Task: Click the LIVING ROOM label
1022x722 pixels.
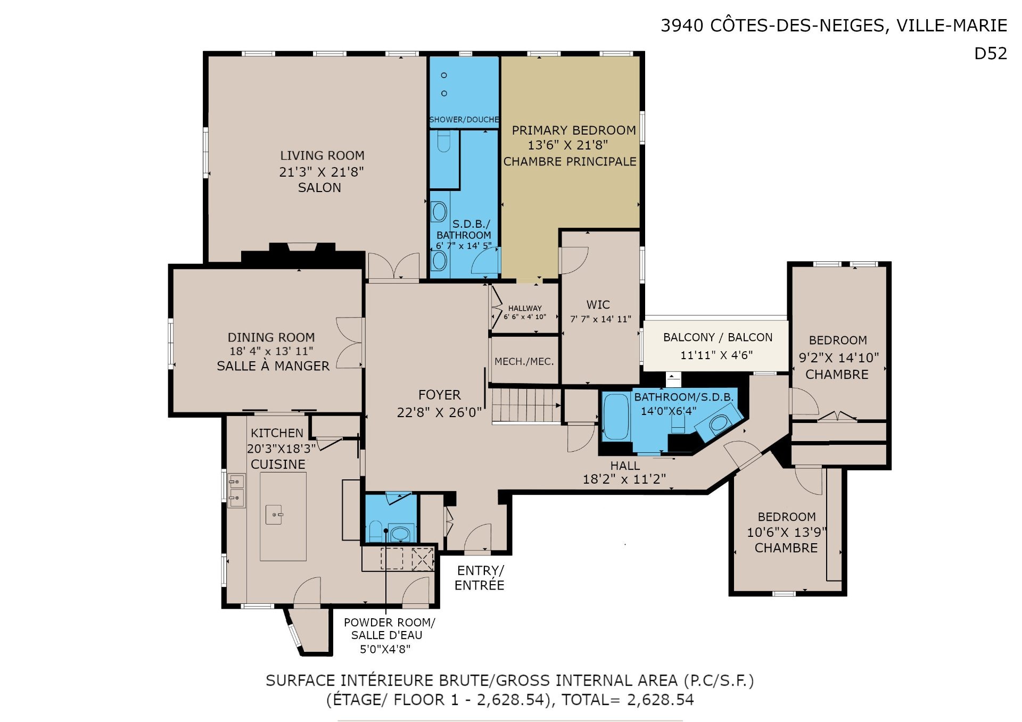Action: point(322,155)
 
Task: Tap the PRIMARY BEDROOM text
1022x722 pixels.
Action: point(574,130)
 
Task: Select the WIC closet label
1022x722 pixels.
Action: point(598,305)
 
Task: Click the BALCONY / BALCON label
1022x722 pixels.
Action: point(718,337)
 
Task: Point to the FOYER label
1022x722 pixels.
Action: point(439,395)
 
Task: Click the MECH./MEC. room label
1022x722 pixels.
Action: point(524,361)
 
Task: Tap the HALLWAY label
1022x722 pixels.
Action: point(525,308)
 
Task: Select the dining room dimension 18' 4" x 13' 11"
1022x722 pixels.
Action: point(271,351)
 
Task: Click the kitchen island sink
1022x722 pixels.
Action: point(274,514)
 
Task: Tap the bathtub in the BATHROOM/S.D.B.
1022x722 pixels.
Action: point(616,417)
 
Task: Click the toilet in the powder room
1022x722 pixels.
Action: point(375,531)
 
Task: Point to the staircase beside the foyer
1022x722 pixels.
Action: point(526,405)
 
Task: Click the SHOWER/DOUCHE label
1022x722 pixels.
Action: point(464,120)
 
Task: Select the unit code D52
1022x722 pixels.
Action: point(990,53)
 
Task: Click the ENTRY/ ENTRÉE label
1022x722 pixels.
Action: point(479,578)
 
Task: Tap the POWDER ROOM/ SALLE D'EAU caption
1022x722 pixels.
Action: point(389,628)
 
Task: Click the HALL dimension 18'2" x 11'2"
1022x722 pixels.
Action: point(624,479)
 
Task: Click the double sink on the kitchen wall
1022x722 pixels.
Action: point(236,489)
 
